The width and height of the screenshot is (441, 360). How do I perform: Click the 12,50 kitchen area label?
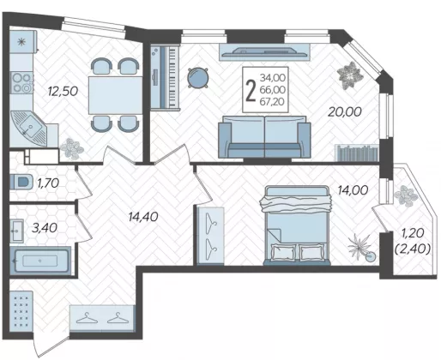pyautogui.click(x=63, y=92)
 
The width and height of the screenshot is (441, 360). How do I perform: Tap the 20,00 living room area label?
pyautogui.click(x=345, y=111)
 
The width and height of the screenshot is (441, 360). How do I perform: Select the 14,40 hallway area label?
pyautogui.click(x=143, y=217)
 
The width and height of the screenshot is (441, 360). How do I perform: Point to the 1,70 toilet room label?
pyautogui.click(x=48, y=183)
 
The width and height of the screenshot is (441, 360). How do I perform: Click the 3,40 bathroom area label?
pyautogui.click(x=45, y=228)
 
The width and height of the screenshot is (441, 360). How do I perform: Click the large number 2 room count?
pyautogui.click(x=251, y=90)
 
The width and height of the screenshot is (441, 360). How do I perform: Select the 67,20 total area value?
pyautogui.click(x=272, y=101)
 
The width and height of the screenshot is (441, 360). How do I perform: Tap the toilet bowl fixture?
pyautogui.click(x=21, y=182)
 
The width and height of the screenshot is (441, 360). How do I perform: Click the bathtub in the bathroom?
pyautogui.click(x=40, y=261)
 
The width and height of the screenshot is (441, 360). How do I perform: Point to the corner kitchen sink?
pyautogui.click(x=28, y=128)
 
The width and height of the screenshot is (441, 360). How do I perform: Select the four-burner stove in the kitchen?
pyautogui.click(x=21, y=82)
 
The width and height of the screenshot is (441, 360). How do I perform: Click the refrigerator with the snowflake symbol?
pyautogui.click(x=23, y=42)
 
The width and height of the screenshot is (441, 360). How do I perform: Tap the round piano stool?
pyautogui.click(x=197, y=77)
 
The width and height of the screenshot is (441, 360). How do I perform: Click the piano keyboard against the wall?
pyautogui.click(x=166, y=77)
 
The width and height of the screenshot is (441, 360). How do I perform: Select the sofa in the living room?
pyautogui.click(x=264, y=136)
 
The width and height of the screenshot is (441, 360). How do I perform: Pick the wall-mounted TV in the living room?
pyautogui.click(x=264, y=51)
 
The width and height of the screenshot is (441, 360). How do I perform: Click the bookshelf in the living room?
pyautogui.click(x=357, y=153)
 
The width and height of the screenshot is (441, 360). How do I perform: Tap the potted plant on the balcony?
pyautogui.click(x=406, y=196)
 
